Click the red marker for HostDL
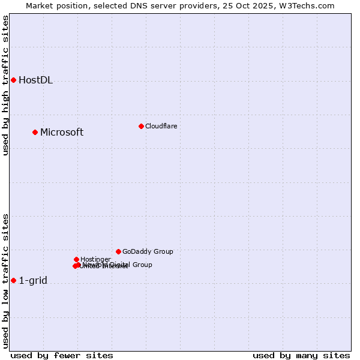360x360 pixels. [x=13, y=80]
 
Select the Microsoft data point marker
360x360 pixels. [x=35, y=132]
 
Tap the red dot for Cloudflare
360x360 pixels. [x=141, y=126]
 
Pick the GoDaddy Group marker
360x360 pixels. [x=118, y=251]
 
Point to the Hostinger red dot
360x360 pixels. [x=76, y=259]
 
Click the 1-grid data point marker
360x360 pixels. [x=13, y=280]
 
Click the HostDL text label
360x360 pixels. [x=35, y=80]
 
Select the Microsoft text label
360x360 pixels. [x=62, y=133]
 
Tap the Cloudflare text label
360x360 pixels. [x=161, y=126]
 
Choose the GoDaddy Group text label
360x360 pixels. [x=148, y=252]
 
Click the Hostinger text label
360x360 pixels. [x=95, y=259]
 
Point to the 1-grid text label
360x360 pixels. [x=33, y=281]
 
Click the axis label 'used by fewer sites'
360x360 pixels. [x=62, y=356]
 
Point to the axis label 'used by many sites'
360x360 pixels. [x=301, y=356]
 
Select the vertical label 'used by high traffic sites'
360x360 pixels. [x=5, y=85]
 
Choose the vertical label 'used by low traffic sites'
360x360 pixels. [x=5, y=281]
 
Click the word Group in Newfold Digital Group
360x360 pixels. [x=142, y=265]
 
